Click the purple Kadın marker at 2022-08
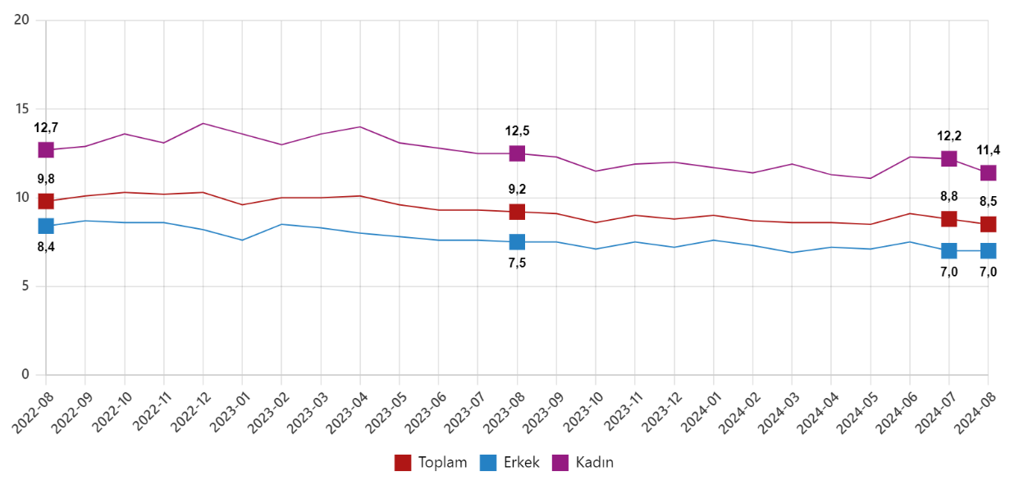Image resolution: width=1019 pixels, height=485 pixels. pyautogui.click(x=45, y=150)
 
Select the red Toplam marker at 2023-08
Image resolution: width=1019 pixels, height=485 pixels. pyautogui.click(x=517, y=212)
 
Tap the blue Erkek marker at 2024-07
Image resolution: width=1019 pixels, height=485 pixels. pyautogui.click(x=948, y=250)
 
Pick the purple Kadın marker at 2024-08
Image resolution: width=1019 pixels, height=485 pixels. pyautogui.click(x=988, y=173)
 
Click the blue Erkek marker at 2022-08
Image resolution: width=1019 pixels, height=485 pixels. pyautogui.click(x=45, y=226)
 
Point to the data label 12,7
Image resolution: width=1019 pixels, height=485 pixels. pyautogui.click(x=46, y=127)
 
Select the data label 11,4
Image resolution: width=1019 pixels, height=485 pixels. pyautogui.click(x=988, y=150)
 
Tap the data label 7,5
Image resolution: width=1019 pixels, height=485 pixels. pyautogui.click(x=517, y=263)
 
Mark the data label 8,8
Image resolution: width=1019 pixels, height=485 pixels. pyautogui.click(x=948, y=196)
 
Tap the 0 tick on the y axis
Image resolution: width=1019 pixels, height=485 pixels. pyautogui.click(x=25, y=375)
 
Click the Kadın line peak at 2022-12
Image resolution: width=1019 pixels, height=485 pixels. pyautogui.click(x=203, y=123)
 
